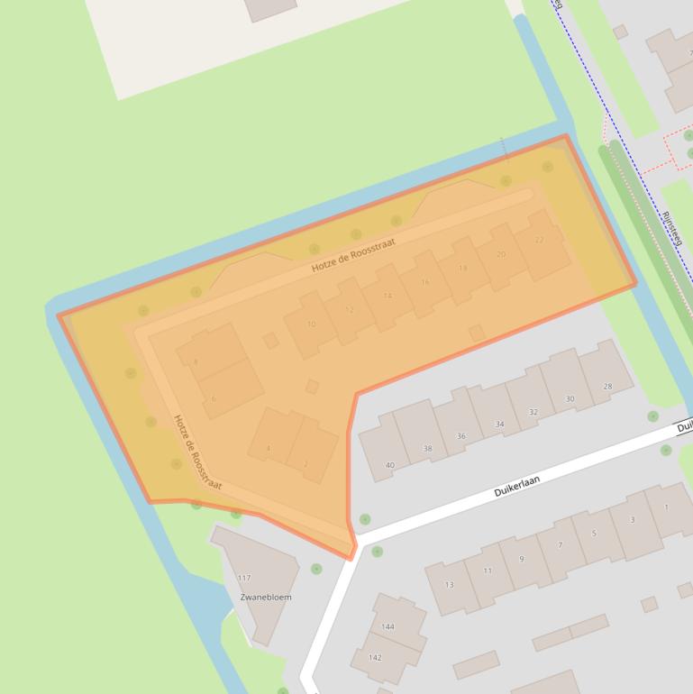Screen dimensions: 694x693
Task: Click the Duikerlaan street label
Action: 516,488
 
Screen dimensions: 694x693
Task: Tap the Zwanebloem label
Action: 266,597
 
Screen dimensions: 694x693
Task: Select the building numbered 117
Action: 244,578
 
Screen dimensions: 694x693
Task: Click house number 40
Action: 390,465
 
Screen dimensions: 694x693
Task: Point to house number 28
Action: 607,387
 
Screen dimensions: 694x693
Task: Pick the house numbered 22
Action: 540,240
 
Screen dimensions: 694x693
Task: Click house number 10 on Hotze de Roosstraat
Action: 311,324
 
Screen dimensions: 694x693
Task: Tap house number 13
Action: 449,584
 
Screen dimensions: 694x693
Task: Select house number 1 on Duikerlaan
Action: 666,507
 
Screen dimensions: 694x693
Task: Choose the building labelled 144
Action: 388,626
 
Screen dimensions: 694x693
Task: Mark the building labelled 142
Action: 375,657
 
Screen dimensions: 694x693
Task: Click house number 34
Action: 500,424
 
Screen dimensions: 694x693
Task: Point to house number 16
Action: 425,282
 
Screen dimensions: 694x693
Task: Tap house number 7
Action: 560,545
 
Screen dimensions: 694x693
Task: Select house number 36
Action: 461,436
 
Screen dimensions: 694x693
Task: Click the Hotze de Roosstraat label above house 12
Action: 353,255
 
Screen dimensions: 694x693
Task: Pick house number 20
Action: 501,254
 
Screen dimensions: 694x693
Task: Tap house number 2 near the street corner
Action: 305,463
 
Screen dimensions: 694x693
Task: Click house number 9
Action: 521,559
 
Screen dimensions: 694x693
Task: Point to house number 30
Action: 570,398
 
